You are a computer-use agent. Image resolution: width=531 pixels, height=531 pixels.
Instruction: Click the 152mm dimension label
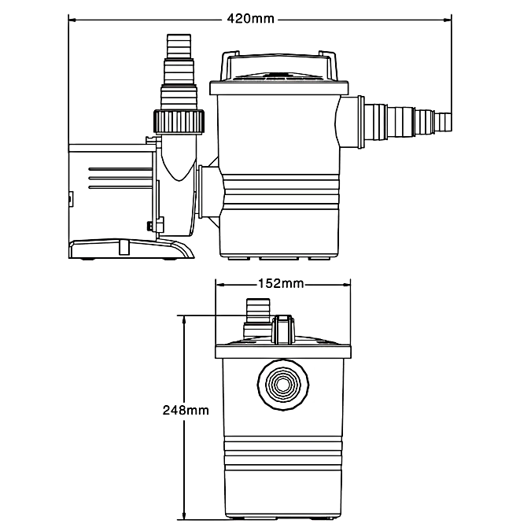click(281, 283)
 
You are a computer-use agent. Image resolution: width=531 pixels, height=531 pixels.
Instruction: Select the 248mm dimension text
click(186, 410)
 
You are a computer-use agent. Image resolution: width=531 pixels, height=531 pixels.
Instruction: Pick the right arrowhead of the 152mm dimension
click(345, 284)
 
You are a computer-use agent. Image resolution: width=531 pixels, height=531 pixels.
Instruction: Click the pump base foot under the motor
click(130, 249)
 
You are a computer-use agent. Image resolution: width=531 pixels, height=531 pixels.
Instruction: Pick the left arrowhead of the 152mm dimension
click(219, 284)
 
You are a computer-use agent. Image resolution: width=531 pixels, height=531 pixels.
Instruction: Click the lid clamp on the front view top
click(282, 330)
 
